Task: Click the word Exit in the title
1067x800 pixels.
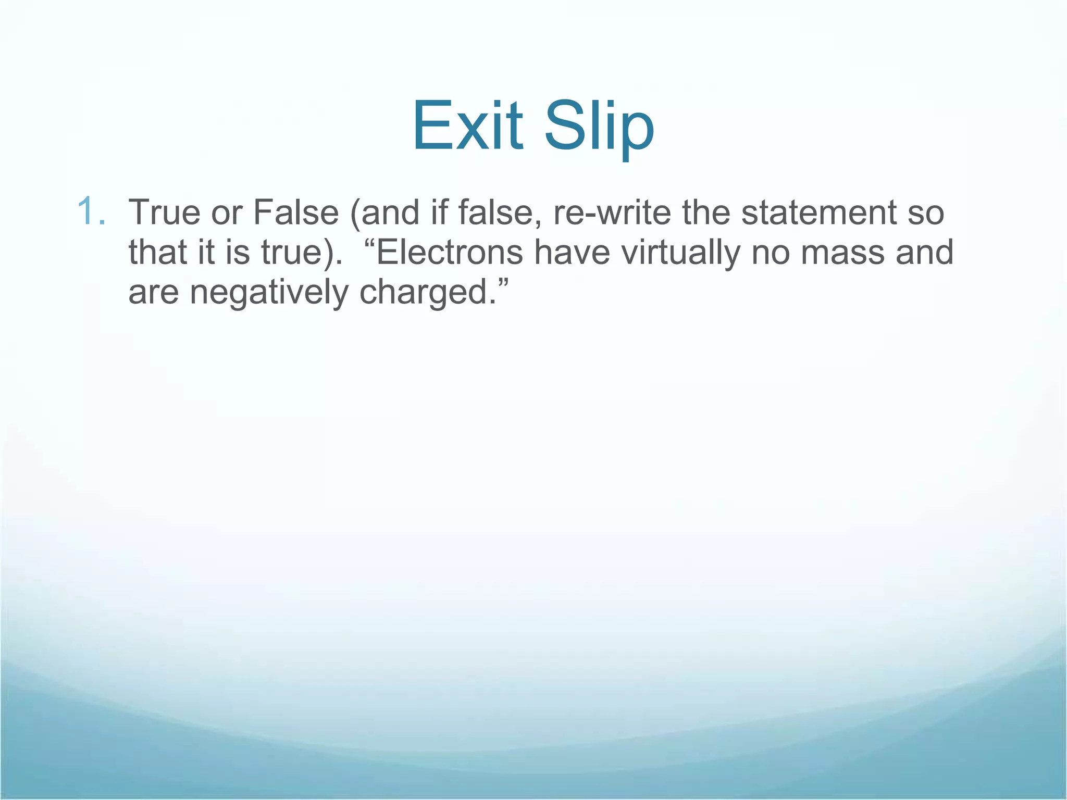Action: (x=467, y=127)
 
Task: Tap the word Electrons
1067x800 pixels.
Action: (x=450, y=252)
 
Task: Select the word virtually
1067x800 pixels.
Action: (x=680, y=252)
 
